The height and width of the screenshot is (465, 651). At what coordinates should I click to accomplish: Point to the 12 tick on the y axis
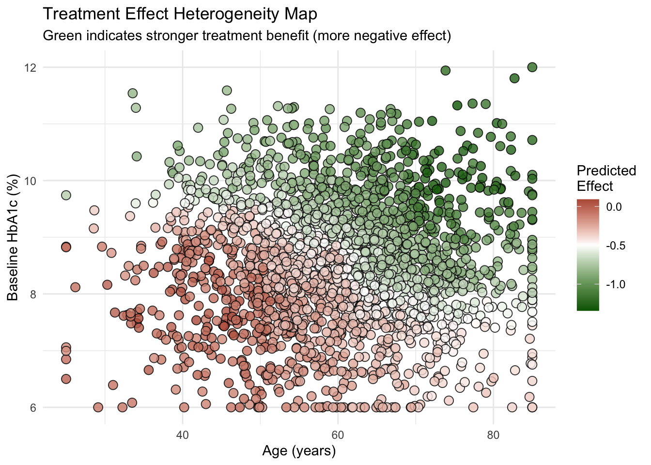tap(31, 67)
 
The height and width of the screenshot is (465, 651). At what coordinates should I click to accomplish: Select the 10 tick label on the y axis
tap(31, 181)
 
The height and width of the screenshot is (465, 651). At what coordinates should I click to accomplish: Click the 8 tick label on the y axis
tap(33, 294)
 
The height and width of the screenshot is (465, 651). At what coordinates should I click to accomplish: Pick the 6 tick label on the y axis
tap(33, 407)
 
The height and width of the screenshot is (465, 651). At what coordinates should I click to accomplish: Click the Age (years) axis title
tap(299, 451)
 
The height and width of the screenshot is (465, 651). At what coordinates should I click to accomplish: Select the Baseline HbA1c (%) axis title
tap(13, 237)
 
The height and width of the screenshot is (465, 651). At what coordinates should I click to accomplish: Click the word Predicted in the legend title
tap(606, 170)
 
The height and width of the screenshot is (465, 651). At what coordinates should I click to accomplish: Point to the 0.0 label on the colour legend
tap(614, 207)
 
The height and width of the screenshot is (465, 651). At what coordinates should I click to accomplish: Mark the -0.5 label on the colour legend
tap(615, 246)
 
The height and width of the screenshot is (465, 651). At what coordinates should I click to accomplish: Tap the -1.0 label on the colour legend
tap(615, 284)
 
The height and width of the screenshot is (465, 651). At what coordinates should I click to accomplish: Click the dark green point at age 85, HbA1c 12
tap(532, 67)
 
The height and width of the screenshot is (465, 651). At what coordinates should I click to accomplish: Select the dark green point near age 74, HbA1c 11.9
tap(445, 71)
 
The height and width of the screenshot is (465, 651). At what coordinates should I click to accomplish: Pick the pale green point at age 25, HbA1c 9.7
tap(66, 195)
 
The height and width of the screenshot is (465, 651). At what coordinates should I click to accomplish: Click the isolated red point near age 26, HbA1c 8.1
tap(75, 287)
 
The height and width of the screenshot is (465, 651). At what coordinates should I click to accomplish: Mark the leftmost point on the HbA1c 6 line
tap(98, 407)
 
